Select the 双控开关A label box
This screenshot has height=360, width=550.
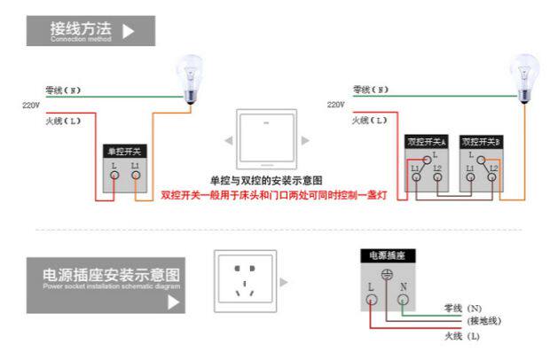click(427, 142)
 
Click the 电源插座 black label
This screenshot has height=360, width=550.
click(387, 255)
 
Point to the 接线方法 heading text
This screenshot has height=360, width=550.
click(81, 27)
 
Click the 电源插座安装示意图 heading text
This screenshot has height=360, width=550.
click(111, 273)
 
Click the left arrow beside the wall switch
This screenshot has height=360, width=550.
click(228, 140)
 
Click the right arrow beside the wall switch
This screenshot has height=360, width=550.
click(305, 140)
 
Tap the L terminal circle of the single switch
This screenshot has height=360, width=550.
click(114, 176)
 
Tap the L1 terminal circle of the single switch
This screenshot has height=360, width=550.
click(136, 176)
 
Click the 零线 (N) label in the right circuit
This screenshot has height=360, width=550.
click(370, 90)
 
